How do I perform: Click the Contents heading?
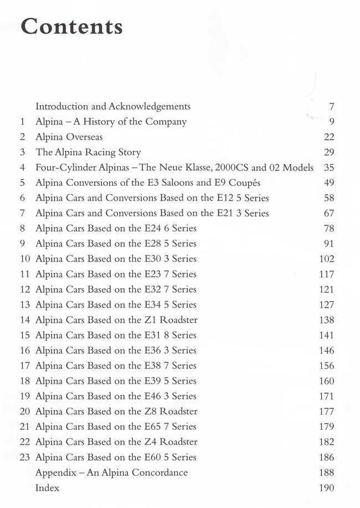(x=71, y=26)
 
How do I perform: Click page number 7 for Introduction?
(x=331, y=106)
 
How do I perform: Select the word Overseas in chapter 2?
(x=83, y=137)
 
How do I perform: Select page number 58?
(x=328, y=198)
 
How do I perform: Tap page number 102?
(x=326, y=259)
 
